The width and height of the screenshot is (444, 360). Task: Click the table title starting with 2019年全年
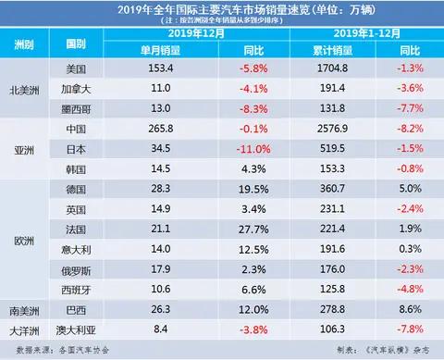pos(222,9)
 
